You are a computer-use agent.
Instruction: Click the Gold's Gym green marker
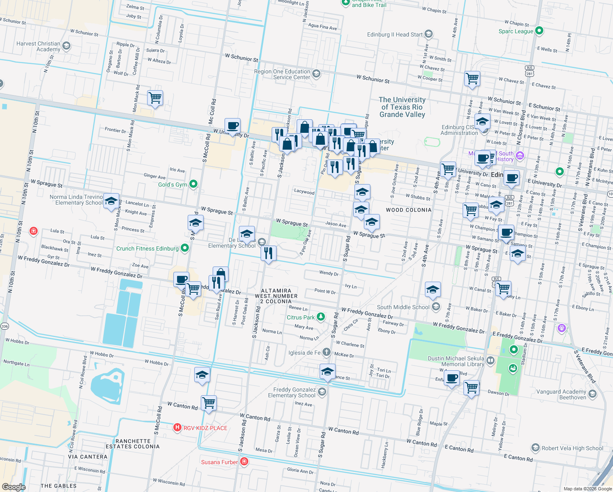pos(194,184)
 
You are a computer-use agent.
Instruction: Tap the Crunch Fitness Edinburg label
pos(147,248)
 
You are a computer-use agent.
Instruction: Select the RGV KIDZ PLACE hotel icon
pos(177,428)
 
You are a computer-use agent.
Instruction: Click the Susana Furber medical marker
pos(244,462)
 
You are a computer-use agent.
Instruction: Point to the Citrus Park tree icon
pos(321,317)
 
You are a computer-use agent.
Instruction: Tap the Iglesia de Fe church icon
pos(326,352)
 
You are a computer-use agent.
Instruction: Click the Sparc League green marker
pos(539,30)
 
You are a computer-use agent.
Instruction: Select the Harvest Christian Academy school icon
pos(66,46)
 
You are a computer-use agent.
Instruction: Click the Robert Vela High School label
pos(572,448)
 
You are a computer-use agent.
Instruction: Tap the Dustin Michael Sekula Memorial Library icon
pos(490,361)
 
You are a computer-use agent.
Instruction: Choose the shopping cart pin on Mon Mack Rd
pos(155,98)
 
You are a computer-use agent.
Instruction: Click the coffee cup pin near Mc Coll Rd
pos(232,126)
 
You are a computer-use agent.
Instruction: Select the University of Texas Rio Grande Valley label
pos(402,107)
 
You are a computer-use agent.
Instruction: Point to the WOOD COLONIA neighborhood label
pos(409,210)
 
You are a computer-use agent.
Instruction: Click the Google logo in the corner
pos(14,487)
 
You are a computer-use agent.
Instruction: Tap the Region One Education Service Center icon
pos(316,74)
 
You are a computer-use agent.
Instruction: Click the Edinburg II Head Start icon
pos(429,34)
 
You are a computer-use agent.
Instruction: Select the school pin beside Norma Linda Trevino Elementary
pos(111,201)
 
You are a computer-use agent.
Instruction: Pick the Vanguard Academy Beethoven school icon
pos(592,394)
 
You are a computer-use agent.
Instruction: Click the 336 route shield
pos(5,326)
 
